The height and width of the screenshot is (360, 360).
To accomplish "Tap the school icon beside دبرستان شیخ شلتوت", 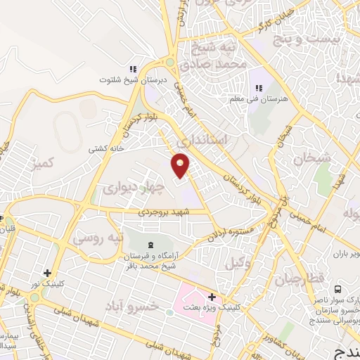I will pos(131,69).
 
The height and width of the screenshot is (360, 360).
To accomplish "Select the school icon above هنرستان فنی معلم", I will pos(259,87).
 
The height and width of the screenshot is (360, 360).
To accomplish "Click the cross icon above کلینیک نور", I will pos(47,273).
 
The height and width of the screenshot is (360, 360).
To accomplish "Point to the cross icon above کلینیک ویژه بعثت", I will pos(212,297).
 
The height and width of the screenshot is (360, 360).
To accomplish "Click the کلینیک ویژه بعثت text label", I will pos(250,307).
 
